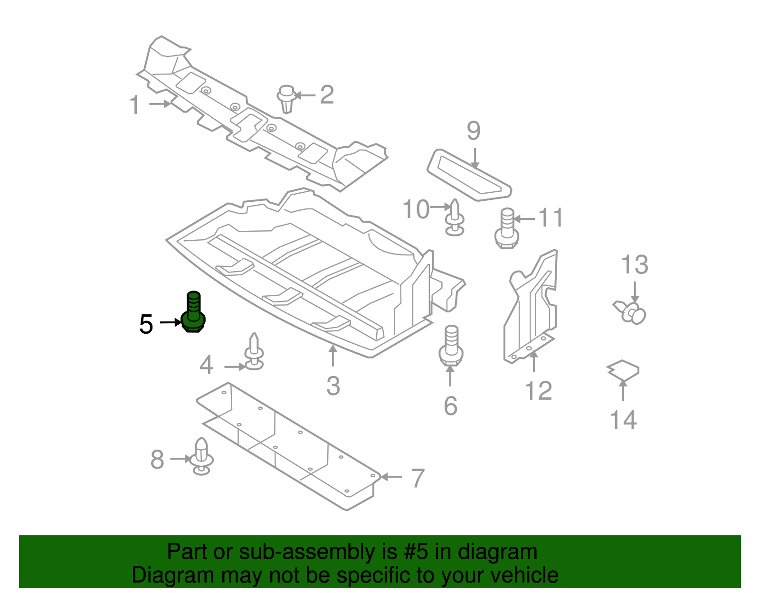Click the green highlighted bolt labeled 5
click(193, 313)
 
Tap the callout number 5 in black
click(146, 324)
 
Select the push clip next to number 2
click(286, 98)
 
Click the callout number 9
click(474, 131)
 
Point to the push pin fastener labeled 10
click(455, 218)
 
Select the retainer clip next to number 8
click(201, 456)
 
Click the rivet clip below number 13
click(631, 311)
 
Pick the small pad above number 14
click(623, 370)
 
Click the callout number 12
click(538, 391)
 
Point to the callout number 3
click(333, 386)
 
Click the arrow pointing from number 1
click(160, 104)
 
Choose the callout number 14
click(623, 420)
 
